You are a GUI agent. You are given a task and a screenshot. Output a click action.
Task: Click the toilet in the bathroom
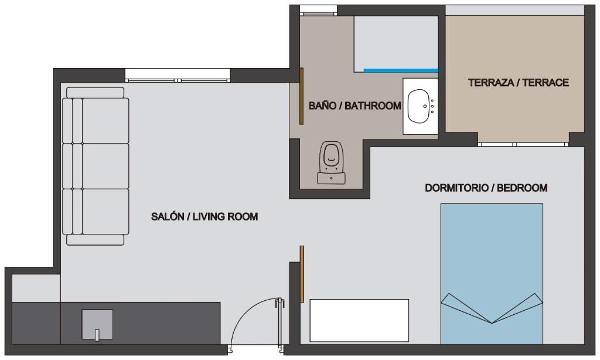point(332,162)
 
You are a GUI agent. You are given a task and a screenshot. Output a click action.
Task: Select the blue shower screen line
point(401,70)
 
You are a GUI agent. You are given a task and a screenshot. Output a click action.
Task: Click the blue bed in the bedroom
point(492,273)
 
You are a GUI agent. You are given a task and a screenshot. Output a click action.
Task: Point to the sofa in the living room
point(96,166)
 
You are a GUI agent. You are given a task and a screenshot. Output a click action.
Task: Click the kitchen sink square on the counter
point(97,324)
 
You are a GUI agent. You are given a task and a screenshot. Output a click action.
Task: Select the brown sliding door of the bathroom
point(302,96)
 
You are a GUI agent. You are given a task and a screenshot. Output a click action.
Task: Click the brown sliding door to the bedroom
point(302,274)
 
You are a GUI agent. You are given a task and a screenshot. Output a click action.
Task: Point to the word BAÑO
point(322,106)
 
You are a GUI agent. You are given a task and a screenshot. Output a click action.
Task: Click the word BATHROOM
point(373,106)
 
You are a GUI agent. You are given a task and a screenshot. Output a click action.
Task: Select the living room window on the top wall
point(178,75)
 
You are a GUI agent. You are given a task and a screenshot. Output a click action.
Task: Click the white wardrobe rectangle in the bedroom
point(359,320)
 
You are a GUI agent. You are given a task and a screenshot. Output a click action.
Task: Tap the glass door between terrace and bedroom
point(523,144)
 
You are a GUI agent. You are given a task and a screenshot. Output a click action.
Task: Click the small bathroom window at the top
point(318,11)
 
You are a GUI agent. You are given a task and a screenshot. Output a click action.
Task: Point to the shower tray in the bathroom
point(396,43)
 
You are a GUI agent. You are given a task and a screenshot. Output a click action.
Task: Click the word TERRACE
point(546,83)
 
